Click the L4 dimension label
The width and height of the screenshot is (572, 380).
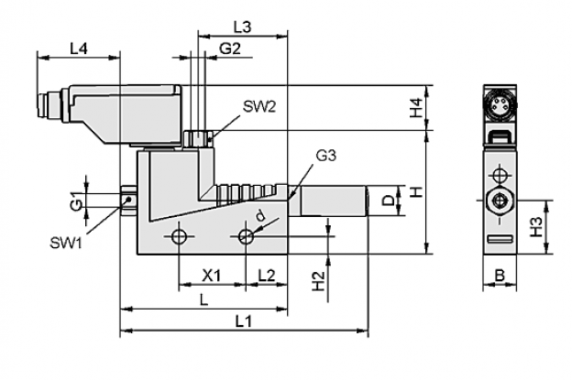[79, 49]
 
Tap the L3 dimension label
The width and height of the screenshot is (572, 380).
[243, 27]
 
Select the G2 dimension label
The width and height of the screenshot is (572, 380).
[230, 49]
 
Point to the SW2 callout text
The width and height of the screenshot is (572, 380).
[259, 107]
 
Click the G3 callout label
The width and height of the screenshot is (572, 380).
[325, 156]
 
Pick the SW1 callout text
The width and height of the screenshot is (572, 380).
[66, 243]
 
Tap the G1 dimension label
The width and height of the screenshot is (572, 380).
[76, 201]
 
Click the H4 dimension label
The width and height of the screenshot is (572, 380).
[415, 108]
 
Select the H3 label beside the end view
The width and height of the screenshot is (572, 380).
[536, 227]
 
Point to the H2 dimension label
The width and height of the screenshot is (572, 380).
[318, 281]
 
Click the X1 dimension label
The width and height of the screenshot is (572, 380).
[212, 276]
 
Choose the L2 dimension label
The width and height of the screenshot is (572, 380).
[267, 276]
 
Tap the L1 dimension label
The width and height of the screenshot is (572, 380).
[243, 321]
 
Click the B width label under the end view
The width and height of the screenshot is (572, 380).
[500, 276]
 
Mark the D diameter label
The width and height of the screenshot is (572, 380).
[390, 201]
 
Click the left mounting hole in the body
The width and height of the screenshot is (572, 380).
[179, 237]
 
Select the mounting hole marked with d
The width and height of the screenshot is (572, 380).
[246, 237]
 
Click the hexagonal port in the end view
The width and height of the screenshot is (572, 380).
[499, 200]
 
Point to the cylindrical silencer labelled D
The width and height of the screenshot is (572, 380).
[334, 201]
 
